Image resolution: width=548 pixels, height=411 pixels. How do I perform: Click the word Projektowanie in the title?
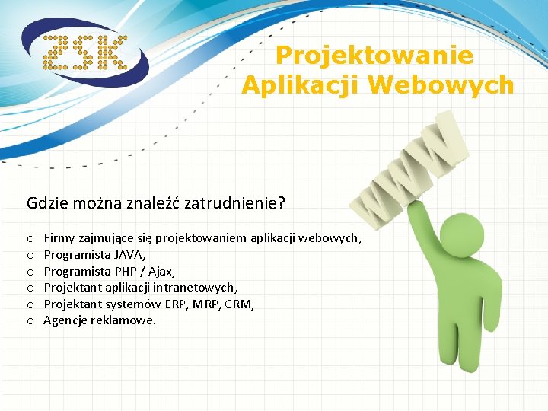click(x=374, y=56)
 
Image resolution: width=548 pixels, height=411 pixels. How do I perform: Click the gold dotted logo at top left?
click(x=84, y=54)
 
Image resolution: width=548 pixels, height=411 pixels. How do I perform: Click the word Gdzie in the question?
click(x=45, y=203)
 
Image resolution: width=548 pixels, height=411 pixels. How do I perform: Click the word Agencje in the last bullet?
click(x=65, y=320)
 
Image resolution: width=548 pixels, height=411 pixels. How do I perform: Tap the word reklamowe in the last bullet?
click(x=123, y=320)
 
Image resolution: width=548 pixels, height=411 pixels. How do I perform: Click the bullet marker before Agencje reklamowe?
click(x=30, y=321)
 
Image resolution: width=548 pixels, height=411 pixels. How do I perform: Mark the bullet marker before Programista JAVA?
click(x=30, y=255)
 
